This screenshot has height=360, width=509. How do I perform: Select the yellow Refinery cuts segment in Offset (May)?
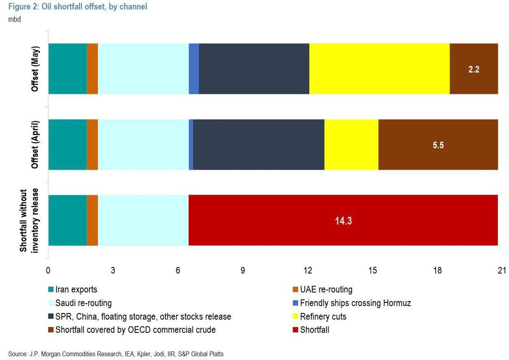pyautogui.click(x=379, y=69)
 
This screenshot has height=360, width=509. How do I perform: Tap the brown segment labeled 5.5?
pyautogui.click(x=438, y=145)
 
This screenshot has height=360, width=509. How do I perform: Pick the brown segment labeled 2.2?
pyautogui.click(x=473, y=69)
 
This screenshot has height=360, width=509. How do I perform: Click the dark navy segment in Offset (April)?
pyautogui.click(x=259, y=145)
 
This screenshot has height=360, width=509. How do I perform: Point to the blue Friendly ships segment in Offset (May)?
pyautogui.click(x=194, y=69)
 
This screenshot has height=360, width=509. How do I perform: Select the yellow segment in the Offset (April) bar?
pyautogui.click(x=351, y=145)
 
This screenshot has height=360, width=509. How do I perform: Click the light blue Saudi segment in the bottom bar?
pyautogui.click(x=143, y=220)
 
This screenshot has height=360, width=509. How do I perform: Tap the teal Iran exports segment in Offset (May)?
pyautogui.click(x=67, y=69)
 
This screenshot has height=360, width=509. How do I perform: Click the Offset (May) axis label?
pyautogui.click(x=35, y=69)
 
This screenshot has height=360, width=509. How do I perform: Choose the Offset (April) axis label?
pyautogui.click(x=35, y=145)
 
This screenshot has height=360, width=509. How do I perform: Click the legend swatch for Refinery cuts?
pyautogui.click(x=295, y=317)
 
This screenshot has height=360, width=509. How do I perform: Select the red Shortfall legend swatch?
pyautogui.click(x=295, y=330)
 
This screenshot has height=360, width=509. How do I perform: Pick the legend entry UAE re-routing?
pyautogui.click(x=326, y=290)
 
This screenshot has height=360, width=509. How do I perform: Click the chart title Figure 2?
pyautogui.click(x=78, y=7)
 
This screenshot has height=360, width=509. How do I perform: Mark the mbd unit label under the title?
pyautogui.click(x=14, y=19)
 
